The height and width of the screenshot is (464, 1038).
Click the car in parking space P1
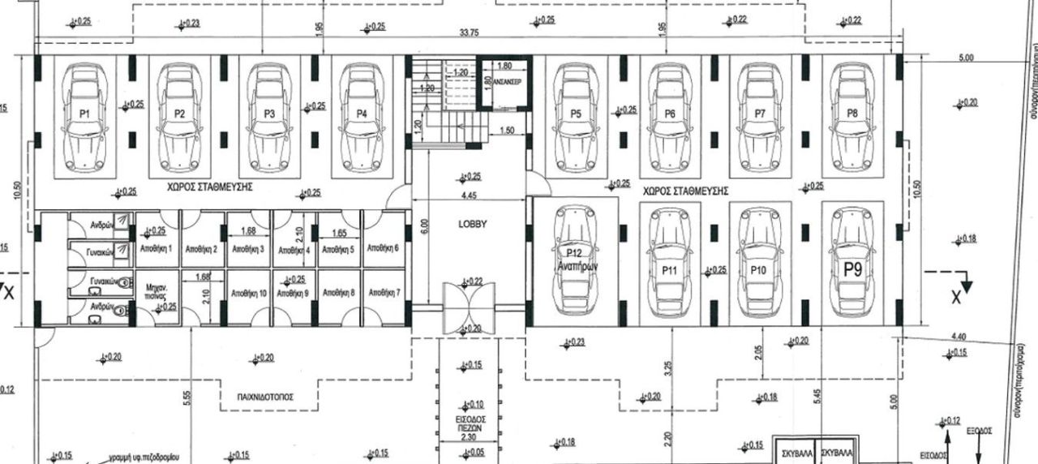[85, 116]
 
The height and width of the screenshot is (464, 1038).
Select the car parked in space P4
[361, 116]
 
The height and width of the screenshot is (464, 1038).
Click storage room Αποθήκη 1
[157, 249]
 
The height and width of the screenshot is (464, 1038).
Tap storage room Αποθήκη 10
[247, 292]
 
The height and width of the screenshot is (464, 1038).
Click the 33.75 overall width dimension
[468, 33]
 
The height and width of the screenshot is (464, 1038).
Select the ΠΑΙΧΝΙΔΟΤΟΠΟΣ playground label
[265, 397]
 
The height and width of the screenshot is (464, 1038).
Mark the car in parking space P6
[669, 116]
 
